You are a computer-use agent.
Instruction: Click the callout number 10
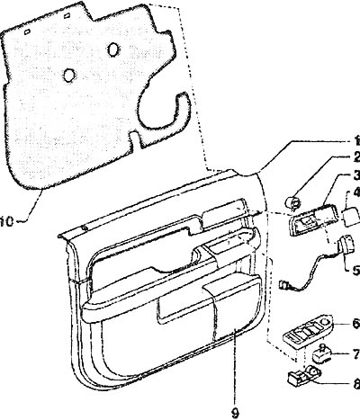(6, 222)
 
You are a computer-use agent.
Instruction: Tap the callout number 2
(356, 157)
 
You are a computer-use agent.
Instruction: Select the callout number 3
(356, 175)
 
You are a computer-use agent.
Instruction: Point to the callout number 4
(356, 192)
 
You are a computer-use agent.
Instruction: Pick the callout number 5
(356, 271)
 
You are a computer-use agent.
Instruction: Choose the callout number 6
(356, 324)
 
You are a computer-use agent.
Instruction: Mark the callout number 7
(356, 354)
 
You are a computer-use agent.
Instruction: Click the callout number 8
(356, 384)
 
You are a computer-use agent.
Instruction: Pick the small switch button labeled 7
(322, 353)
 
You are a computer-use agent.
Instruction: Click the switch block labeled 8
(304, 375)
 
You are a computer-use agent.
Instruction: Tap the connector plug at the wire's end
(283, 284)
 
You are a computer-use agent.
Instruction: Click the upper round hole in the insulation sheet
(113, 49)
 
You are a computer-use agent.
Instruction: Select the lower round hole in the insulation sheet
(69, 75)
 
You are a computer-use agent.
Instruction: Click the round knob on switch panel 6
(326, 322)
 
